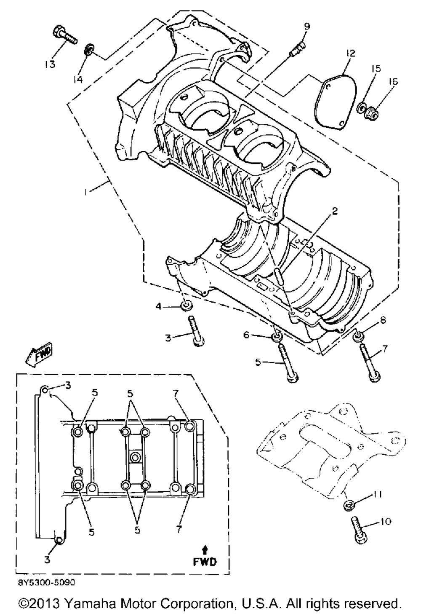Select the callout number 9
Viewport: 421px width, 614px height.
click(307, 27)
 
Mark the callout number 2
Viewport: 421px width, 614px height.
click(334, 212)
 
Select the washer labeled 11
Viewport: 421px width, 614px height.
click(349, 504)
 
